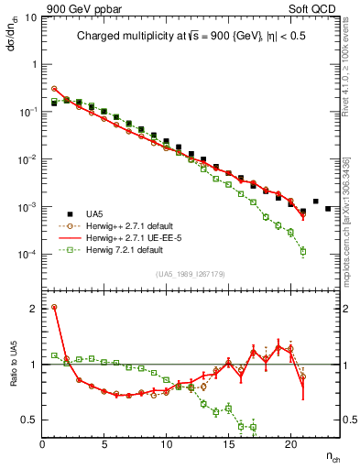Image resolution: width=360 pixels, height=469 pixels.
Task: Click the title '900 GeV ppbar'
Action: coord(78,8)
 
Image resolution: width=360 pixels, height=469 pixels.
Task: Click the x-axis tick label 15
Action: coord(228,445)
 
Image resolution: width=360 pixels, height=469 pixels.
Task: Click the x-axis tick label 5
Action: coord(104,445)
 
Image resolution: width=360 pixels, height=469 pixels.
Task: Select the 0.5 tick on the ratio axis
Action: coord(29,420)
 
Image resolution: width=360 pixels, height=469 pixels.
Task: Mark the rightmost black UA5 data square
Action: coord(328,209)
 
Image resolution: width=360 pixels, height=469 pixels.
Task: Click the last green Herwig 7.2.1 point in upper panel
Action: coord(302,251)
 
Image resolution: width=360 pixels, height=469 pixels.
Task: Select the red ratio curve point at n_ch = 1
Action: coord(55,308)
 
